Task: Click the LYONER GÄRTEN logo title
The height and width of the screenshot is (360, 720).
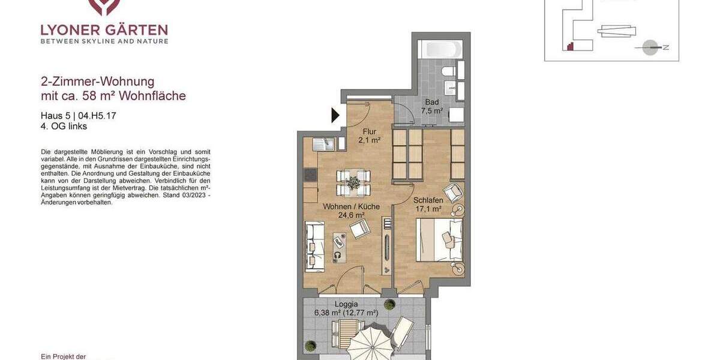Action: (104, 29)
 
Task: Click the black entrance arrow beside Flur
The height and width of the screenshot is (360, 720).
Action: (335, 115)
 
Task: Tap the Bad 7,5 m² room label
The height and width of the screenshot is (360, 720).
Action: (432, 106)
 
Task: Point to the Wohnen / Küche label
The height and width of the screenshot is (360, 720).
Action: (352, 211)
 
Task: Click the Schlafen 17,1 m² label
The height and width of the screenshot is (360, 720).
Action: (428, 205)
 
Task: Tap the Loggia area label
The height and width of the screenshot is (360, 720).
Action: (346, 308)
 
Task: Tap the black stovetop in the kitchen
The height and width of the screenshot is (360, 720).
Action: (310, 175)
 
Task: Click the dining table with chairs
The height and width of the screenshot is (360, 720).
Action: (353, 182)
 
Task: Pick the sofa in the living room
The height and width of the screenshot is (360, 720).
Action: (314, 245)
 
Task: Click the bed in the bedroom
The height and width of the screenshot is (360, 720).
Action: (439, 240)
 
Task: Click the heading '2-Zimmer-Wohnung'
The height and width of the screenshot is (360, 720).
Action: (98, 82)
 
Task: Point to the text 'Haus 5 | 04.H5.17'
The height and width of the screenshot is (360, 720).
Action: (79, 116)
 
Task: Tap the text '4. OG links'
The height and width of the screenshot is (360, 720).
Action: (64, 127)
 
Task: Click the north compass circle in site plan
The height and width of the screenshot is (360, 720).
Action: (650, 47)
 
